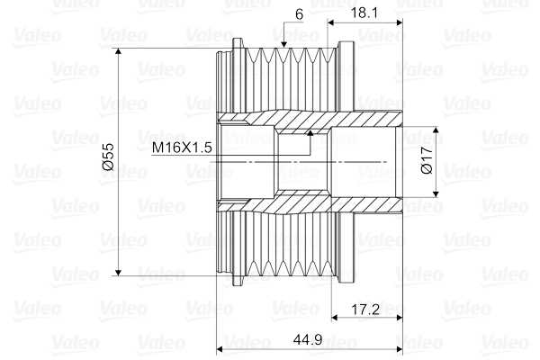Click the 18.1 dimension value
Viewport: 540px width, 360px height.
364,13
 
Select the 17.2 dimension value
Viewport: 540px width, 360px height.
365,310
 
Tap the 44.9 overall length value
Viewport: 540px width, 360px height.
308,339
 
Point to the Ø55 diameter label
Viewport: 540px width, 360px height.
108,157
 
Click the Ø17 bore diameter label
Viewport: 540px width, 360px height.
427,160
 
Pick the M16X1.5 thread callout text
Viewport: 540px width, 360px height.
182,148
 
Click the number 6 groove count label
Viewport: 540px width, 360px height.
299,14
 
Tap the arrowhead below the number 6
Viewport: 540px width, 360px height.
283,44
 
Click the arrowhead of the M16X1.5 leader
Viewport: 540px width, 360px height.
310,133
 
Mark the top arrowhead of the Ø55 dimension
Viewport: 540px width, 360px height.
119,51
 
